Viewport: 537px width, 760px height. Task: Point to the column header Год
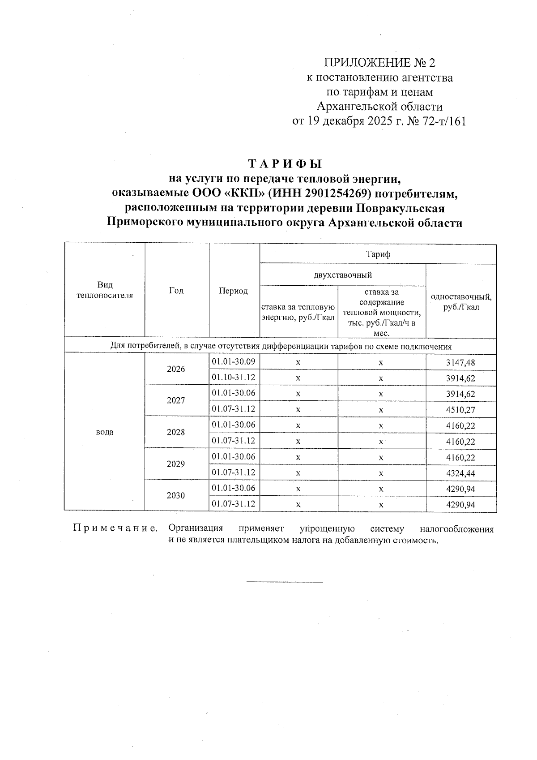pyautogui.click(x=176, y=291)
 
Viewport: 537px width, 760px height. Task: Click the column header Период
pyautogui.click(x=233, y=291)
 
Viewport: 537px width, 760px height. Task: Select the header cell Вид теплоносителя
pyautogui.click(x=105, y=290)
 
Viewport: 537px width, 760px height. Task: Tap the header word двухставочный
pyautogui.click(x=343, y=275)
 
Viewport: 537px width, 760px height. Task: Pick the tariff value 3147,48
pyautogui.click(x=460, y=362)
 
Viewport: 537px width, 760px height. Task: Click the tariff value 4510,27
pyautogui.click(x=460, y=410)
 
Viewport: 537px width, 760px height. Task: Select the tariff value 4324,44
pyautogui.click(x=460, y=473)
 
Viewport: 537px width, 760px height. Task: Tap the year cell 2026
pyautogui.click(x=176, y=369)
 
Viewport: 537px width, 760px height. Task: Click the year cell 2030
pyautogui.click(x=176, y=496)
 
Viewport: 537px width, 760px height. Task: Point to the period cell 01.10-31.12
pyautogui.click(x=234, y=377)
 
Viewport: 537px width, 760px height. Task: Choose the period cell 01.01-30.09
pyautogui.click(x=234, y=361)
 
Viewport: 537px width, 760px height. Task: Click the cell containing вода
pyautogui.click(x=104, y=432)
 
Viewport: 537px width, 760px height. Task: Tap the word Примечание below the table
pyautogui.click(x=115, y=528)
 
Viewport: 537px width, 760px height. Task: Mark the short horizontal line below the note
pyautogui.click(x=285, y=582)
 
